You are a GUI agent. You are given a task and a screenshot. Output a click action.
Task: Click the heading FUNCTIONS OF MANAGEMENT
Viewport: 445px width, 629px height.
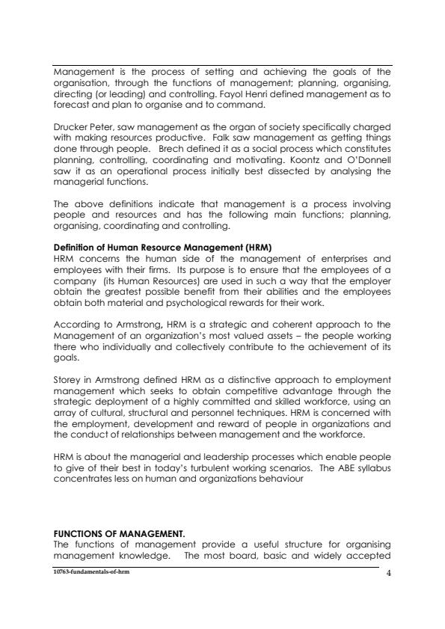pyautogui.click(x=119, y=534)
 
